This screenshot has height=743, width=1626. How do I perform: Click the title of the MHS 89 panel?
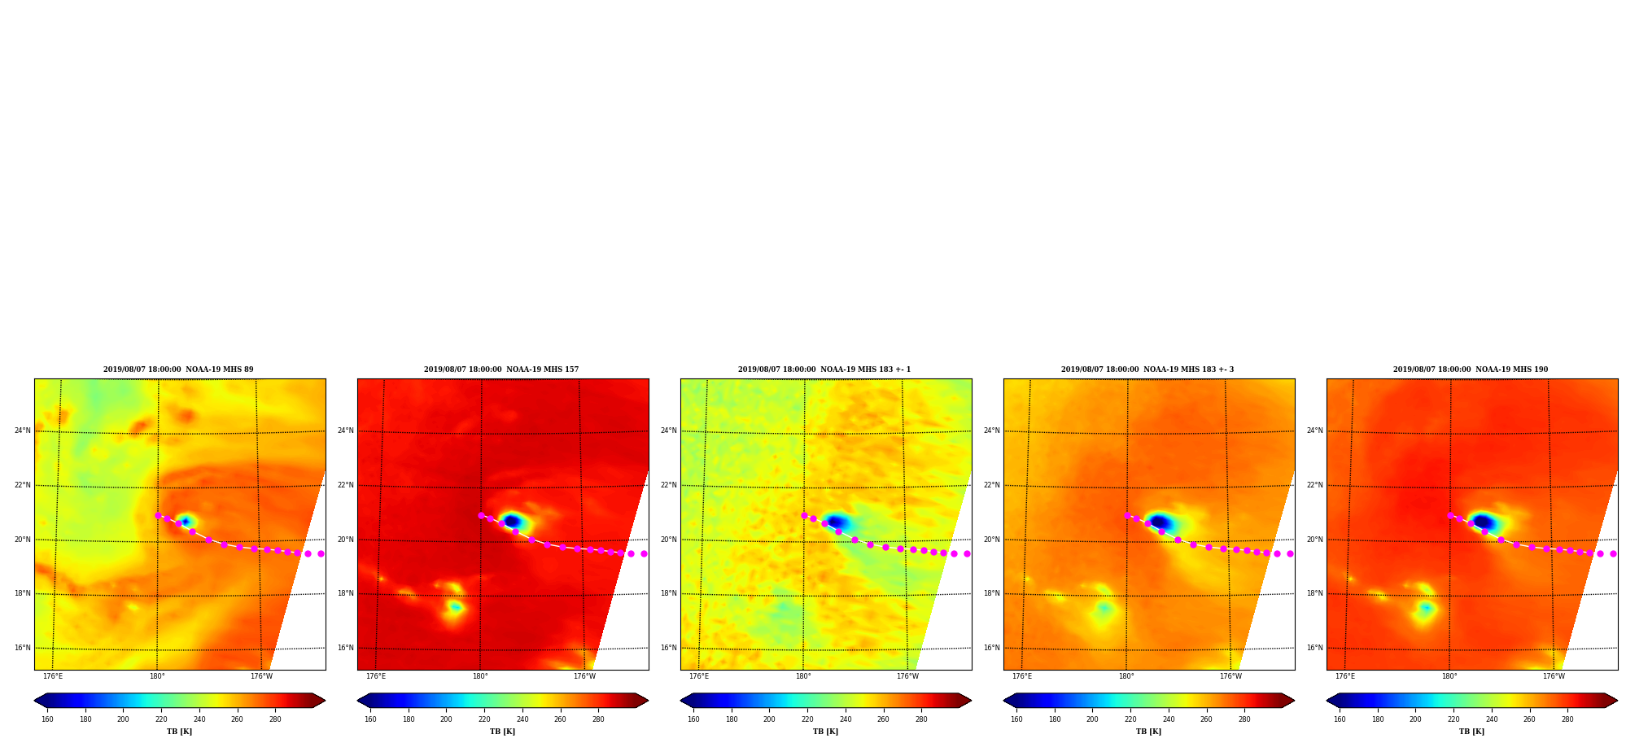coord(178,369)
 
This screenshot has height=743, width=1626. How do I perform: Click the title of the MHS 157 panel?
coord(501,369)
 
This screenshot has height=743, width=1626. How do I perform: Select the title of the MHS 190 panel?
coord(1471,369)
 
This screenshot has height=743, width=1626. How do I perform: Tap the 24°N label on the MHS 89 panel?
coord(23,431)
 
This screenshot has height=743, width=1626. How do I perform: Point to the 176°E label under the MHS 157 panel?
coord(376,676)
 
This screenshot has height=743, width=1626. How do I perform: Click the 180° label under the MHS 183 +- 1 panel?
coord(803,676)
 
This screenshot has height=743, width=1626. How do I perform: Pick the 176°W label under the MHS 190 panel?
coord(1554,676)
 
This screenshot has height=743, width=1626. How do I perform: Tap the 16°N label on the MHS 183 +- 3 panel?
coord(992,648)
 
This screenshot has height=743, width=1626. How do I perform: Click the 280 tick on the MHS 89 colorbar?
coord(275,719)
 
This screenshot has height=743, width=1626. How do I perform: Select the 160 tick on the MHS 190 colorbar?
coord(1340,719)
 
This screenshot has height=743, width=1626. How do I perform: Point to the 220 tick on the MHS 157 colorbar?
coord(484,719)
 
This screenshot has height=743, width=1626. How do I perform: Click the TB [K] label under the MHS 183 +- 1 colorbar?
coord(825,732)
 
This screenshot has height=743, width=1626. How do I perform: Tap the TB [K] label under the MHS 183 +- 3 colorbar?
coord(1148,732)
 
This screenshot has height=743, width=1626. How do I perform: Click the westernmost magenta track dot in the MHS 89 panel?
coord(158,515)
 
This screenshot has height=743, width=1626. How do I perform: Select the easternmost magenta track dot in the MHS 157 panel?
coord(644,553)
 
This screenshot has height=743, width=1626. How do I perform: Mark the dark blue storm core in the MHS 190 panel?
coord(1483,522)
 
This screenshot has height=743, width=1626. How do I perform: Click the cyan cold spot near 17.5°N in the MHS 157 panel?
coord(455,607)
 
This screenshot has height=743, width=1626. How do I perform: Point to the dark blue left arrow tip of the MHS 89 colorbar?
coord(35,701)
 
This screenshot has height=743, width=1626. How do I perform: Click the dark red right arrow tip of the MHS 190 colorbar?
coord(1616,701)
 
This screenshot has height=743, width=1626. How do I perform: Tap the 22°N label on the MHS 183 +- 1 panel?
coord(669,485)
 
